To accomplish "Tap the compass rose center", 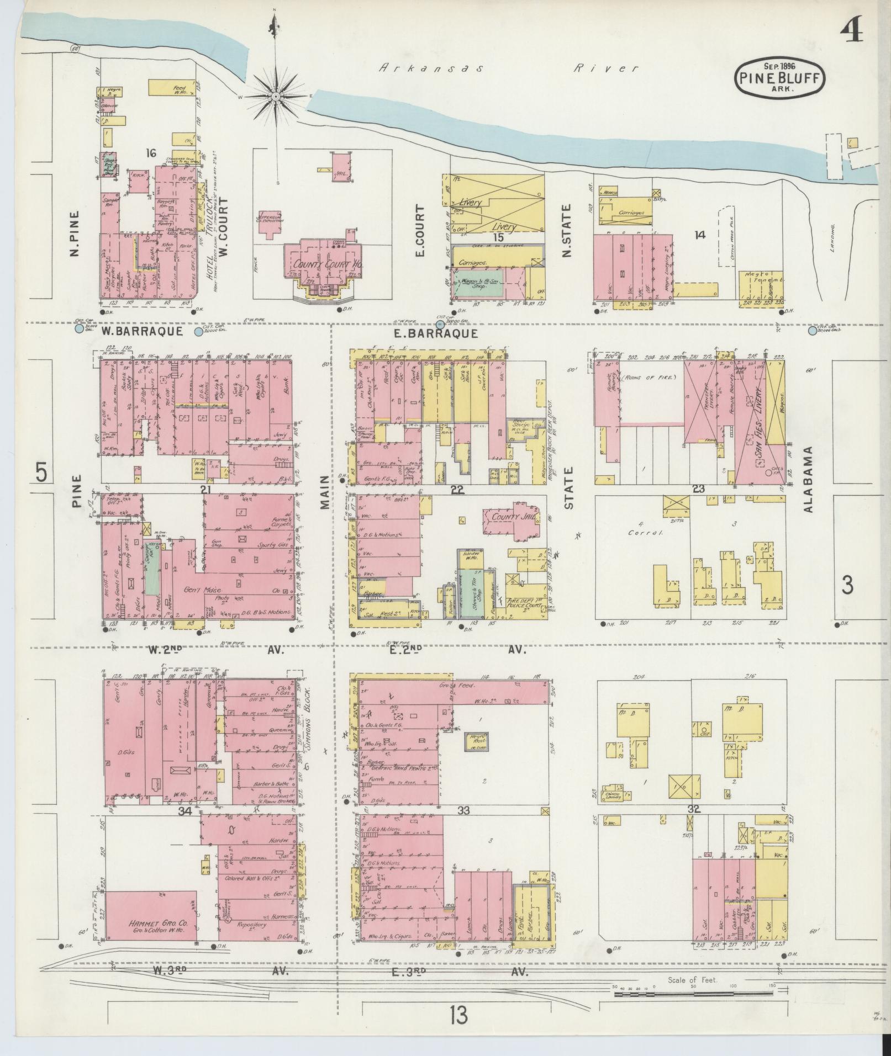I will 275,96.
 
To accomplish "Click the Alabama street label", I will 809,479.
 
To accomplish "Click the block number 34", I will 184,811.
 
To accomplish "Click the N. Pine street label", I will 75,234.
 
